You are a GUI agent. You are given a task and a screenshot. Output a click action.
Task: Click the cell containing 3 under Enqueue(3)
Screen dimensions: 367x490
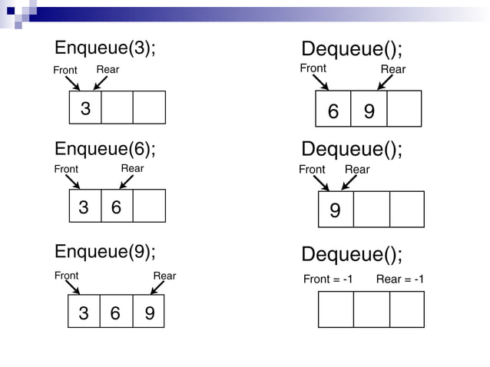pyautogui.click(x=85, y=107)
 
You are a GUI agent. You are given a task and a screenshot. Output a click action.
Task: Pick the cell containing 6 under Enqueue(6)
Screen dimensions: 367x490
pyautogui.click(x=117, y=207)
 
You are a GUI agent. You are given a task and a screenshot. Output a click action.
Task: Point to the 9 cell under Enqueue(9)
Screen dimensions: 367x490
pyautogui.click(x=149, y=312)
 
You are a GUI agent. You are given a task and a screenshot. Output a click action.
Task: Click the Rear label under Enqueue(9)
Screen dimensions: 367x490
pyautogui.click(x=164, y=276)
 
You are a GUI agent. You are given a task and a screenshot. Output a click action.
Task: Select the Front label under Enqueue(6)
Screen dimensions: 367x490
pyautogui.click(x=66, y=169)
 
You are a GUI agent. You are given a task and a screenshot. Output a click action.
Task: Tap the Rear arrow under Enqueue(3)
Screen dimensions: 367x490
pyautogui.click(x=101, y=82)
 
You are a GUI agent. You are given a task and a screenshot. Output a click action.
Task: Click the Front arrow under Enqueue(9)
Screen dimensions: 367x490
pyautogui.click(x=72, y=286)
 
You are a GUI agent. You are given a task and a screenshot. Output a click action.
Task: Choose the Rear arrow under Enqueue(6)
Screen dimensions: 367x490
pyautogui.click(x=127, y=181)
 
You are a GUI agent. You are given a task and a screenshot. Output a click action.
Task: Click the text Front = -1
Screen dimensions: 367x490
pyautogui.click(x=328, y=279)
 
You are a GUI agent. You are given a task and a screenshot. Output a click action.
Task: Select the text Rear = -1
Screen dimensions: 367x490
pyautogui.click(x=399, y=279)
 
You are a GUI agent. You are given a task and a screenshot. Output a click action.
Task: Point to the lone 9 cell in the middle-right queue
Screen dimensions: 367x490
pyautogui.click(x=336, y=209)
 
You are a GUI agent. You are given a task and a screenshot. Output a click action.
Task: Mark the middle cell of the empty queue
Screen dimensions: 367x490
pyautogui.click(x=371, y=309)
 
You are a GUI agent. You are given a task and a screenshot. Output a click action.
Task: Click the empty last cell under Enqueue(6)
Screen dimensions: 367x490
pyautogui.click(x=149, y=207)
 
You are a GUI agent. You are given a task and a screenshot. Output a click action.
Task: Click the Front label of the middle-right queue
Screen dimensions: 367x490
pyautogui.click(x=312, y=169)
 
